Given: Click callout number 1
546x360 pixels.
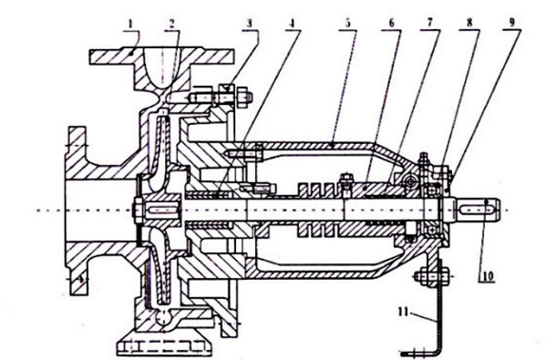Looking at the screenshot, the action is [130, 24].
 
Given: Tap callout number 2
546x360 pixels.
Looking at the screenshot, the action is [171, 24].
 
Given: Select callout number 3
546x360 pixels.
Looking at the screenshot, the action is [250, 24].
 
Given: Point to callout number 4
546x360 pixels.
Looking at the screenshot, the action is [292, 24].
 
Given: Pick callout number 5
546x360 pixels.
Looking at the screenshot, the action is [347, 23].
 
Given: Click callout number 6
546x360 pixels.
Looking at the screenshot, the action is [391, 23].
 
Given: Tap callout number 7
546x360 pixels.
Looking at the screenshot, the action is [429, 23].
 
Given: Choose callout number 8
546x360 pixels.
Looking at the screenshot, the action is [469, 23].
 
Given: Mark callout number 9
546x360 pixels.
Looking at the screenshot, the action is [511, 23].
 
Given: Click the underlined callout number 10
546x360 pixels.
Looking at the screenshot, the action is [488, 276].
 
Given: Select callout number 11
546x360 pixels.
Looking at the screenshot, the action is [404, 312].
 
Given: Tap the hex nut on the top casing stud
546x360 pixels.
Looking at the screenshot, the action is [244, 97].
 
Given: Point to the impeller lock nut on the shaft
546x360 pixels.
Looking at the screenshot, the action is [137, 211].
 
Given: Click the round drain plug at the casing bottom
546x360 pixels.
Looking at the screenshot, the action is [162, 317].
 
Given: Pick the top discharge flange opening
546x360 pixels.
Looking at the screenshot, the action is [161, 67].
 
